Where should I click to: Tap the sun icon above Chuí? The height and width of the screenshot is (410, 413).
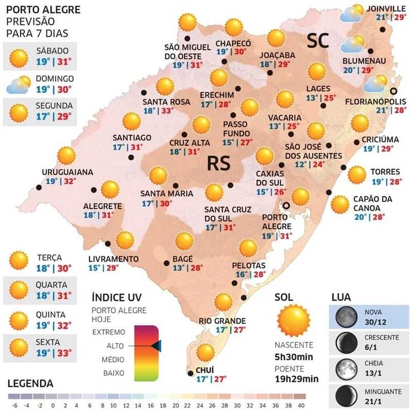pos(205,352)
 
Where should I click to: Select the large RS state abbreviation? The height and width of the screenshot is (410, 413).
pos(218,164)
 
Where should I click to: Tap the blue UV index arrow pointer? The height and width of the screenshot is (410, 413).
pos(156,346)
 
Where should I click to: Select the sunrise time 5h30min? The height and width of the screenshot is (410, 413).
pos(293,357)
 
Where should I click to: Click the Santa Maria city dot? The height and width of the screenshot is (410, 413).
pos(174,184)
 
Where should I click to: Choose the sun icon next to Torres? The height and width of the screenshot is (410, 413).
pos(356,176)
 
